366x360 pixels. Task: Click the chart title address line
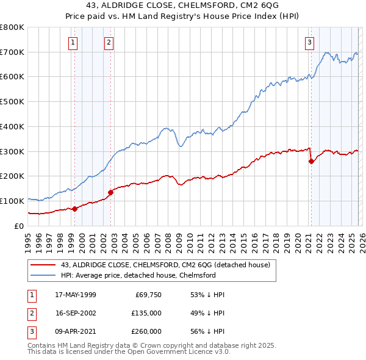click(182, 6)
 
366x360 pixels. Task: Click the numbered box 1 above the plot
click(73, 42)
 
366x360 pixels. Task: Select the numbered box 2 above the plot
click(108, 42)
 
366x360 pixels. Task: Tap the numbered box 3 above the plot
click(309, 42)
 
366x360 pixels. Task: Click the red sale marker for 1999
click(74, 209)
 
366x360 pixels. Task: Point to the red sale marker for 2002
click(111, 192)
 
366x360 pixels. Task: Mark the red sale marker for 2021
click(311, 161)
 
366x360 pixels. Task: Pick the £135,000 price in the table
click(146, 313)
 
